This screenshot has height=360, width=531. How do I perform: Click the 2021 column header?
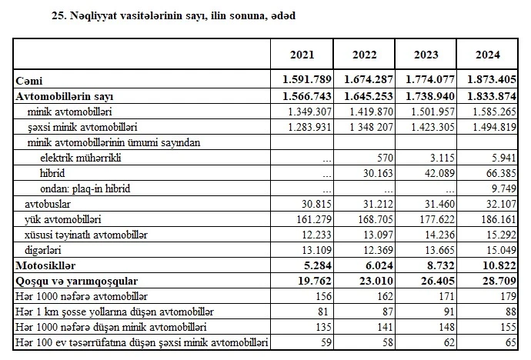point(302,55)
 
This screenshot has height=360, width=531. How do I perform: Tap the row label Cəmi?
point(29,81)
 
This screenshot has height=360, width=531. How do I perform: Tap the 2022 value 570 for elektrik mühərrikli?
point(384,158)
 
